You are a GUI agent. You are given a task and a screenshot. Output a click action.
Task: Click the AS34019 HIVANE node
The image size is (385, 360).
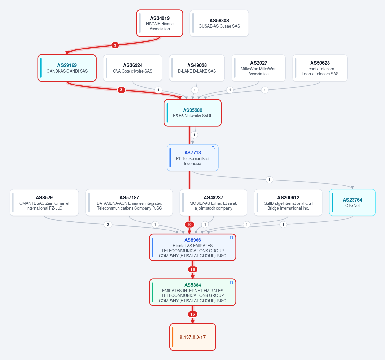coord(160,23)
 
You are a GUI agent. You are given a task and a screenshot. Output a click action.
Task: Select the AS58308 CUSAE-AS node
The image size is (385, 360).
coord(219,23)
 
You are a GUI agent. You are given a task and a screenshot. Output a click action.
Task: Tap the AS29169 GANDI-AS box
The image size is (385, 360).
coord(67,68)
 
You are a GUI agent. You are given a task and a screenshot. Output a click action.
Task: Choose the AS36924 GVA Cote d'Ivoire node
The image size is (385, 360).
coord(133,68)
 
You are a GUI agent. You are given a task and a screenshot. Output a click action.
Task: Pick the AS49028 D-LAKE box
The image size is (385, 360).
coord(197,68)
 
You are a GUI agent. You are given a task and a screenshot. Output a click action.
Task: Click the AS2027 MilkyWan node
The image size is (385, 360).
coord(258,68)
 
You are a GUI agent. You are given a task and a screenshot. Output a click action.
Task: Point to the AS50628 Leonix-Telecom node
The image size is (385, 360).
coord(320,68)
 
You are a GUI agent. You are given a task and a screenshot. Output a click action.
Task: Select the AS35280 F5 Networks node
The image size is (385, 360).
coord(193,113)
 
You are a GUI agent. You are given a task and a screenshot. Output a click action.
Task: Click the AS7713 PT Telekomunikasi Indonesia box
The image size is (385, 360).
coord(193,158)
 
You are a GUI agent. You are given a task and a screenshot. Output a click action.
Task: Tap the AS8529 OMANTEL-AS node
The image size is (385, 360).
coord(44,203)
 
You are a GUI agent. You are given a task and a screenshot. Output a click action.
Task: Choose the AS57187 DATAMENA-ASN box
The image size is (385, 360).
coord(129,203)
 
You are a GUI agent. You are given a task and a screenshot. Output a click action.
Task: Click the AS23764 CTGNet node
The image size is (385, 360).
coord(352,203)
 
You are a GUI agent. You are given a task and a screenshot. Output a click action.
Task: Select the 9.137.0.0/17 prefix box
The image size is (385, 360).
coord(193,337)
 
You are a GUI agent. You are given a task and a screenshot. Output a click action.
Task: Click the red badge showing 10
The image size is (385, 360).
coord(189,225)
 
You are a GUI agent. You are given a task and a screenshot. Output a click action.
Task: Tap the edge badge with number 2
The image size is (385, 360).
coord(108,225)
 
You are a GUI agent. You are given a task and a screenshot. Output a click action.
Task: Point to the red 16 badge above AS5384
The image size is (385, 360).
coord(193,270)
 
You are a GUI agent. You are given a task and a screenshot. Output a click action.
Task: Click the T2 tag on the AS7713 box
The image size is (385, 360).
coord(214,148)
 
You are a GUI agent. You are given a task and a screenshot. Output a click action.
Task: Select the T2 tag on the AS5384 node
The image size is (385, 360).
coord(231,282)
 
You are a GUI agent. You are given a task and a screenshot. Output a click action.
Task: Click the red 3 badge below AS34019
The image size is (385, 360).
coord(115,45)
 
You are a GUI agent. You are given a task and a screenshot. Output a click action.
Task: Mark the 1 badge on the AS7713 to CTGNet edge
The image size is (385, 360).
coord(269,180)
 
